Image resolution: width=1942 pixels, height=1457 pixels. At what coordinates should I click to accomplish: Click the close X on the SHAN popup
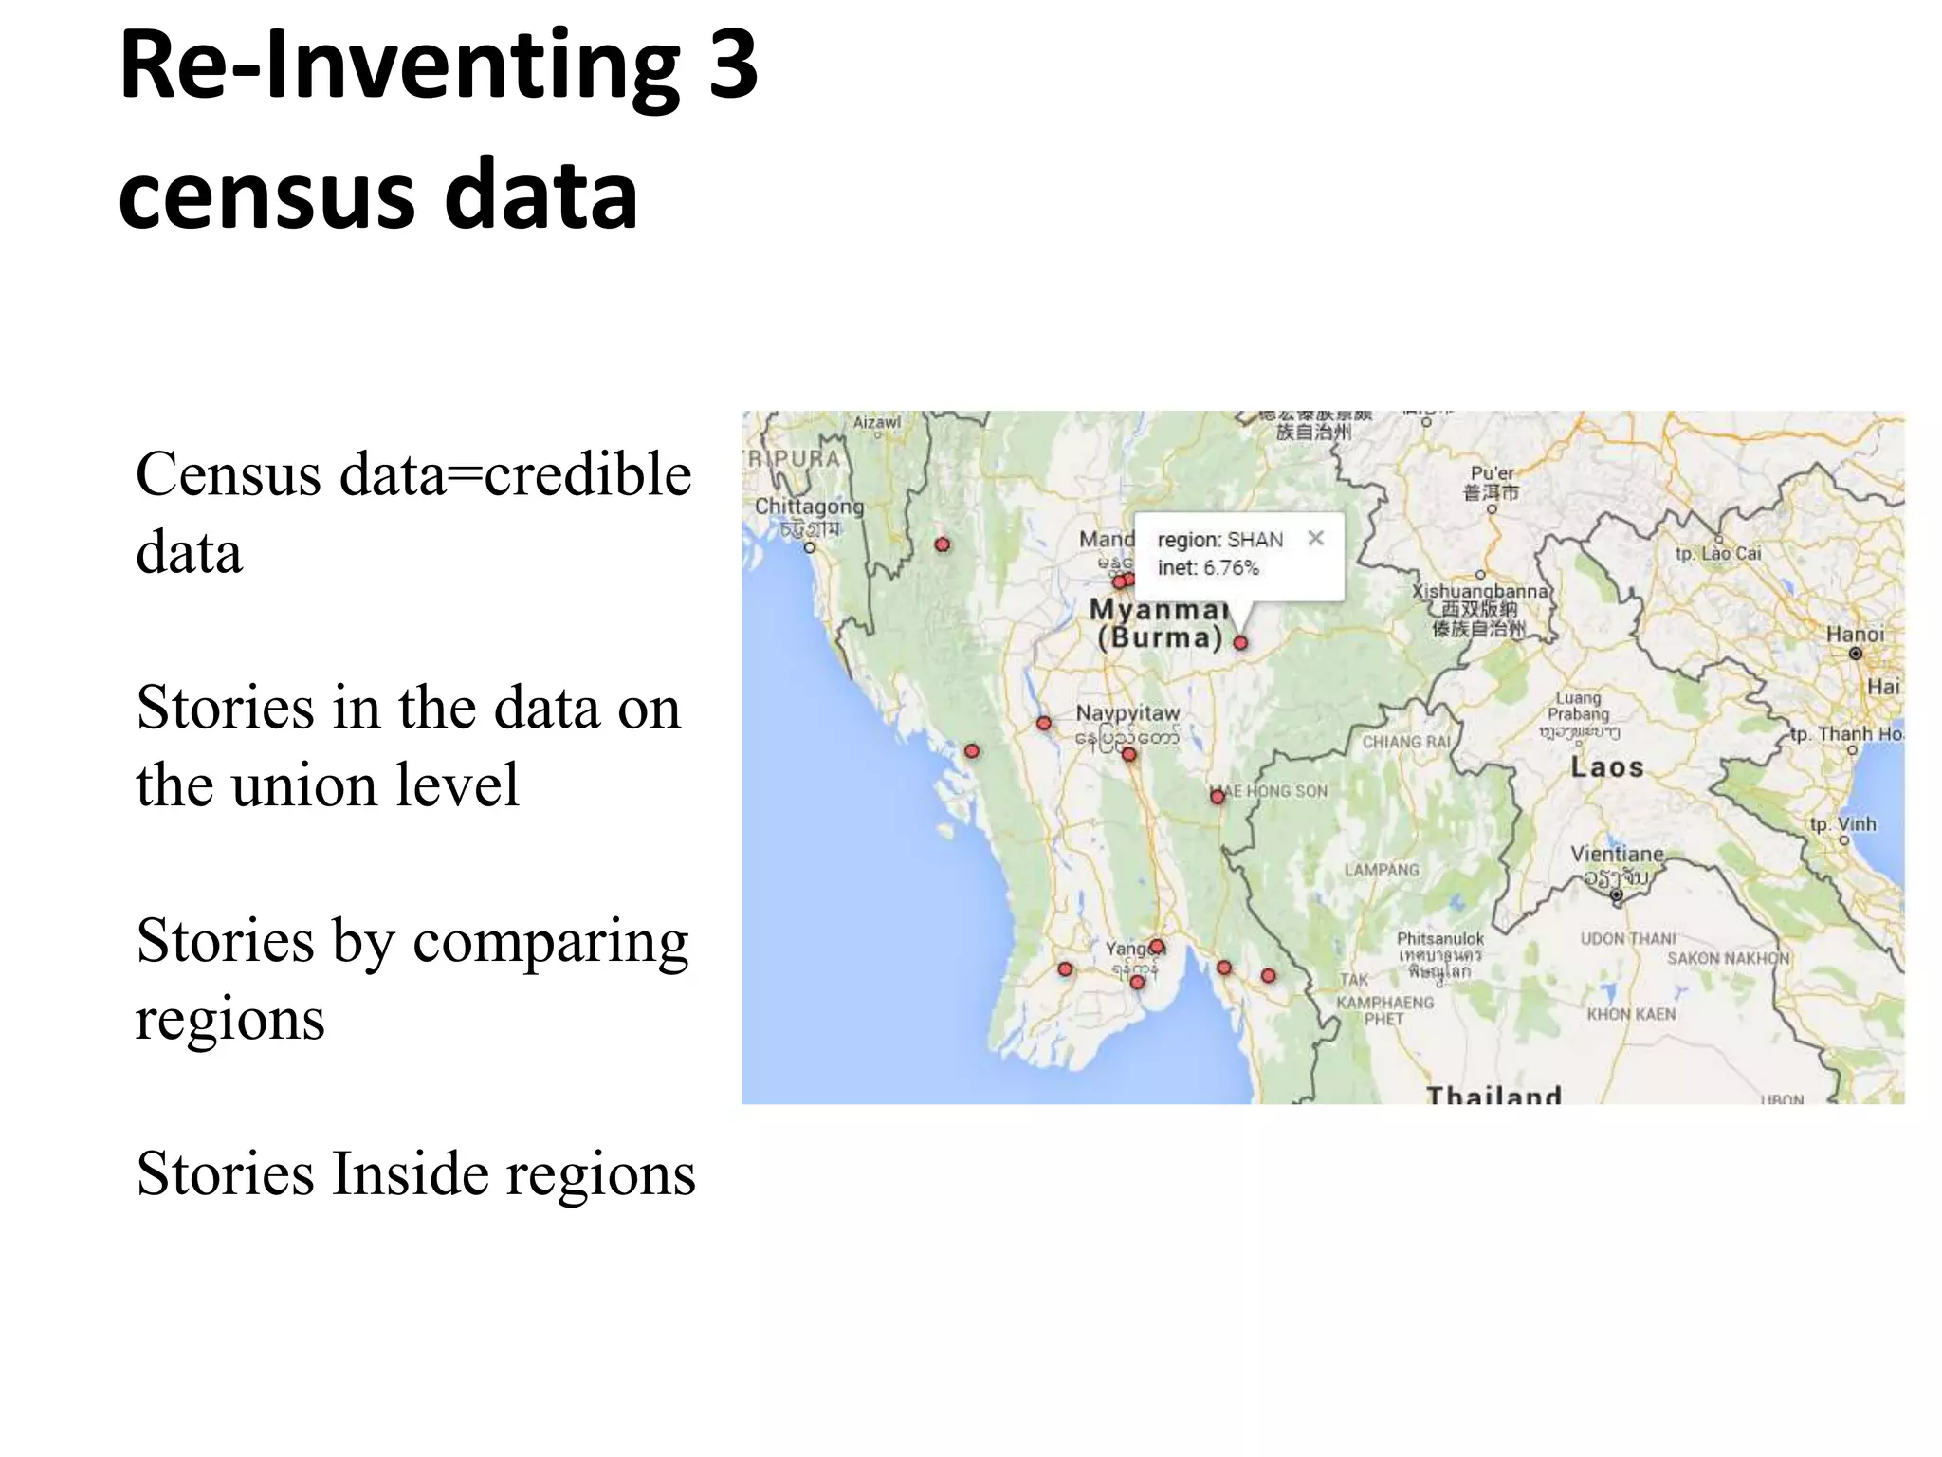pyautogui.click(x=1315, y=538)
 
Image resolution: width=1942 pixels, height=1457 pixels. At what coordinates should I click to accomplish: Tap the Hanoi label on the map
pyautogui.click(x=1856, y=634)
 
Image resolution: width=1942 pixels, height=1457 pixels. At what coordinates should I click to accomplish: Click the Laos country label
pyautogui.click(x=1606, y=766)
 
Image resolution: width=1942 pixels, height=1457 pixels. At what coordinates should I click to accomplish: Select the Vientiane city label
pyautogui.click(x=1617, y=854)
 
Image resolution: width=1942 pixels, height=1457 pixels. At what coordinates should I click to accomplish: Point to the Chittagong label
pyautogui.click(x=809, y=507)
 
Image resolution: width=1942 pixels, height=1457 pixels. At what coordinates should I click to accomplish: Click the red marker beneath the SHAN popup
pyautogui.click(x=1240, y=642)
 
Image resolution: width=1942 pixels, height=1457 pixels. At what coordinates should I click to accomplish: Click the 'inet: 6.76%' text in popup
pyautogui.click(x=1208, y=568)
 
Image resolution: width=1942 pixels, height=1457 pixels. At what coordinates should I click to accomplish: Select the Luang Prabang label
pyautogui.click(x=1578, y=706)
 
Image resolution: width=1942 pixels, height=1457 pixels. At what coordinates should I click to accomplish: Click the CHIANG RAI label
pyautogui.click(x=1406, y=742)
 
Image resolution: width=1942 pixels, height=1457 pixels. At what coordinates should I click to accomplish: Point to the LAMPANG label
pyautogui.click(x=1382, y=870)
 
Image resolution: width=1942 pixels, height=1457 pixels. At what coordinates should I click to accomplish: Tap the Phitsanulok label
pyautogui.click(x=1439, y=938)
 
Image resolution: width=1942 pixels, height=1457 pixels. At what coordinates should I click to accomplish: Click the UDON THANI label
pyautogui.click(x=1628, y=938)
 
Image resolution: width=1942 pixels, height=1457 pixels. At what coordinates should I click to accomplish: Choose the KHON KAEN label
pyautogui.click(x=1631, y=1014)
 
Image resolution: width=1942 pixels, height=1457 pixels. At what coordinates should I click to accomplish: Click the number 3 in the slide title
pyautogui.click(x=733, y=65)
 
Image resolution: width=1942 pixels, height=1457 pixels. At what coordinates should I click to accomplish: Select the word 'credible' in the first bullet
pyautogui.click(x=588, y=474)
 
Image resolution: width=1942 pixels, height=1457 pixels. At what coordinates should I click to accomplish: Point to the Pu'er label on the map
pyautogui.click(x=1492, y=473)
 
